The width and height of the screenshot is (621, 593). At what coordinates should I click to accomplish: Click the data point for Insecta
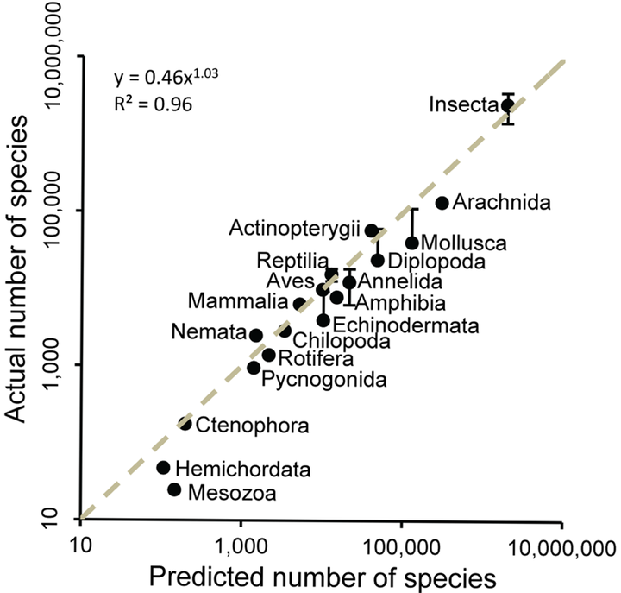coord(508,105)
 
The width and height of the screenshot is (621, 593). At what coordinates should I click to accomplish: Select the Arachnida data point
coord(442,203)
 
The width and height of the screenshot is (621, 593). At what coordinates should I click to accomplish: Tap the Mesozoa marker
coord(174,489)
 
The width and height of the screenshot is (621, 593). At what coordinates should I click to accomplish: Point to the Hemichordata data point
coord(163,468)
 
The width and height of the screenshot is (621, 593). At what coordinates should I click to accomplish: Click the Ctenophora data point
coord(185,423)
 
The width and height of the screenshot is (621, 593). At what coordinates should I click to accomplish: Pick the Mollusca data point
coord(412,243)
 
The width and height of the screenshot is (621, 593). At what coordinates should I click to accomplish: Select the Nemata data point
coord(256,335)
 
